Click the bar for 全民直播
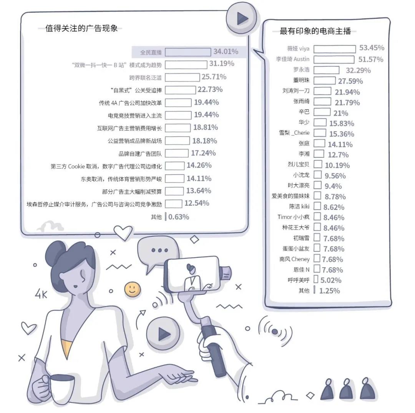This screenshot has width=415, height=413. (x=188, y=52)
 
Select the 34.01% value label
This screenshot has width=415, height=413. (x=226, y=51)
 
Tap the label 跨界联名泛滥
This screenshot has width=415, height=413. (x=145, y=78)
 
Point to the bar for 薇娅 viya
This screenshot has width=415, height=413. (x=335, y=49)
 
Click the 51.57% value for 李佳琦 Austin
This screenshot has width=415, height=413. (x=370, y=59)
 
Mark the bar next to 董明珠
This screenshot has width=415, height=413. (x=324, y=80)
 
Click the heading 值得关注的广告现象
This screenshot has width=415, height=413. (x=81, y=28)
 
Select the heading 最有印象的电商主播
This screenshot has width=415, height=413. (x=315, y=31)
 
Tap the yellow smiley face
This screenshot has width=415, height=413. (x=132, y=289)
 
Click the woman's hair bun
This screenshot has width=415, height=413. (x=56, y=253)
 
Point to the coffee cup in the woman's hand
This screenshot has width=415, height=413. (x=60, y=388)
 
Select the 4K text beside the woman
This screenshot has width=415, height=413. (x=41, y=294)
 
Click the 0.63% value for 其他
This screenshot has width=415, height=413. (x=179, y=217)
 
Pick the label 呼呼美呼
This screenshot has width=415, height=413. (x=299, y=280)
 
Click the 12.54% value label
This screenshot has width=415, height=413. (x=197, y=203)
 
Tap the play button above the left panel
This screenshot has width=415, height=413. (x=241, y=18)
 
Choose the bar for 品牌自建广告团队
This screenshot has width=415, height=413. (x=176, y=154)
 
